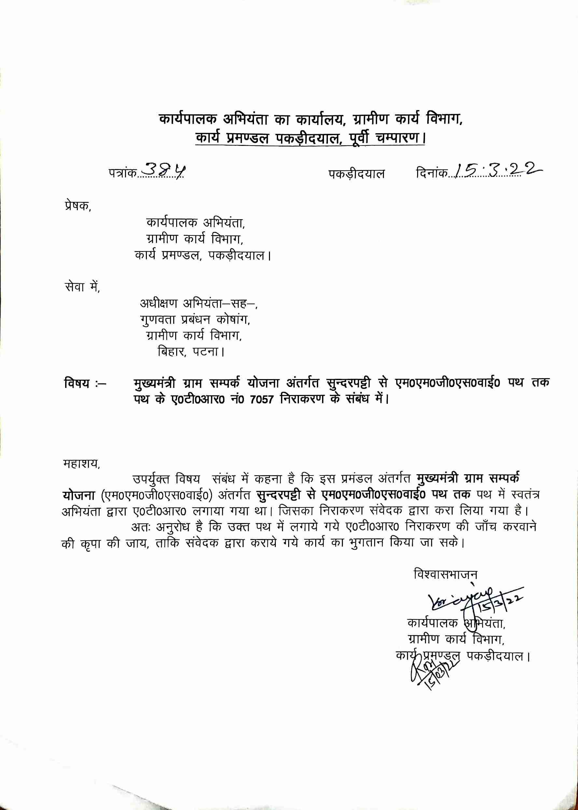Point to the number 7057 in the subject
pyautogui.click(x=261, y=399)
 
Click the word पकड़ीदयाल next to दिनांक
pyautogui.click(x=356, y=174)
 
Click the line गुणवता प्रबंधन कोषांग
pyautogui.click(x=195, y=320)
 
